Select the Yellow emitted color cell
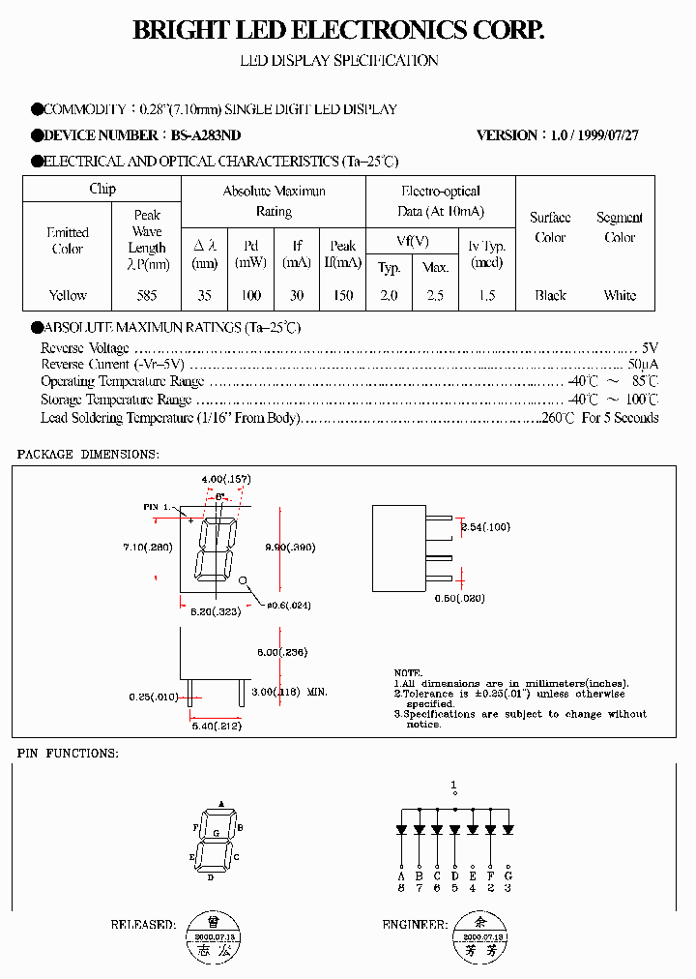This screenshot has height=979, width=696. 68,295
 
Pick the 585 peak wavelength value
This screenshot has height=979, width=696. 147,295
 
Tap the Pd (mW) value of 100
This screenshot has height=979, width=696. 251,295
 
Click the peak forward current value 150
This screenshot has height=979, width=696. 342,295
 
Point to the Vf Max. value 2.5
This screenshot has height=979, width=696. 435,295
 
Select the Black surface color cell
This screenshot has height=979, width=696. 550,295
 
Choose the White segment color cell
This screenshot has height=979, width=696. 620,295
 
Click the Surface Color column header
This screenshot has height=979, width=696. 550,227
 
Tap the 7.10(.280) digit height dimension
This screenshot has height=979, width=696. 147,548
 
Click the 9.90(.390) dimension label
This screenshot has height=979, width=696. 290,548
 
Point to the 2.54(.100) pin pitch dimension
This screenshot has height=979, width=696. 486,527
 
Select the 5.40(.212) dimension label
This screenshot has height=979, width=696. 217,726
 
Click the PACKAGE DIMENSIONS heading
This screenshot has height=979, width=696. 88,454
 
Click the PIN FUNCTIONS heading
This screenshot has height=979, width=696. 68,753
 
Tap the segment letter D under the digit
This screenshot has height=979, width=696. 210,877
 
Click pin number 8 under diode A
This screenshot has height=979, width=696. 401,887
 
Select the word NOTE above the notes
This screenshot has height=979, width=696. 408,672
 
